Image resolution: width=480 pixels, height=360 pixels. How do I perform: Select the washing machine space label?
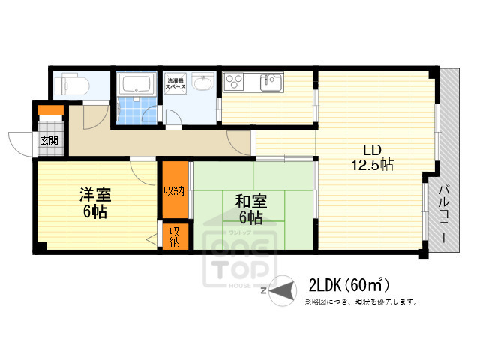[176, 82]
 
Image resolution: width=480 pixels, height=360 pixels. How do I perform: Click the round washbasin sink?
[202, 82]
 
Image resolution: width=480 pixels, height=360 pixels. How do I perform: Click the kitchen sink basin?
[271, 82]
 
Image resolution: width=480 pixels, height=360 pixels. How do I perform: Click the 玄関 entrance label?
[49, 140]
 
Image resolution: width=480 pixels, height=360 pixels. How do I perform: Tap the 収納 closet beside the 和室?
[174, 190]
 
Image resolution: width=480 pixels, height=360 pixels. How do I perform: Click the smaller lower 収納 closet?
[173, 236]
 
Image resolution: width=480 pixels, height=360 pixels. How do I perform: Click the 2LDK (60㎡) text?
[348, 285]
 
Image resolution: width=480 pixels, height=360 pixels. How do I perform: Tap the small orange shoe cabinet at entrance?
[51, 112]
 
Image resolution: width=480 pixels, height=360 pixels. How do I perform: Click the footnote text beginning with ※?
[360, 302]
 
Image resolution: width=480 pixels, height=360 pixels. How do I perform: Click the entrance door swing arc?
[21, 143]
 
